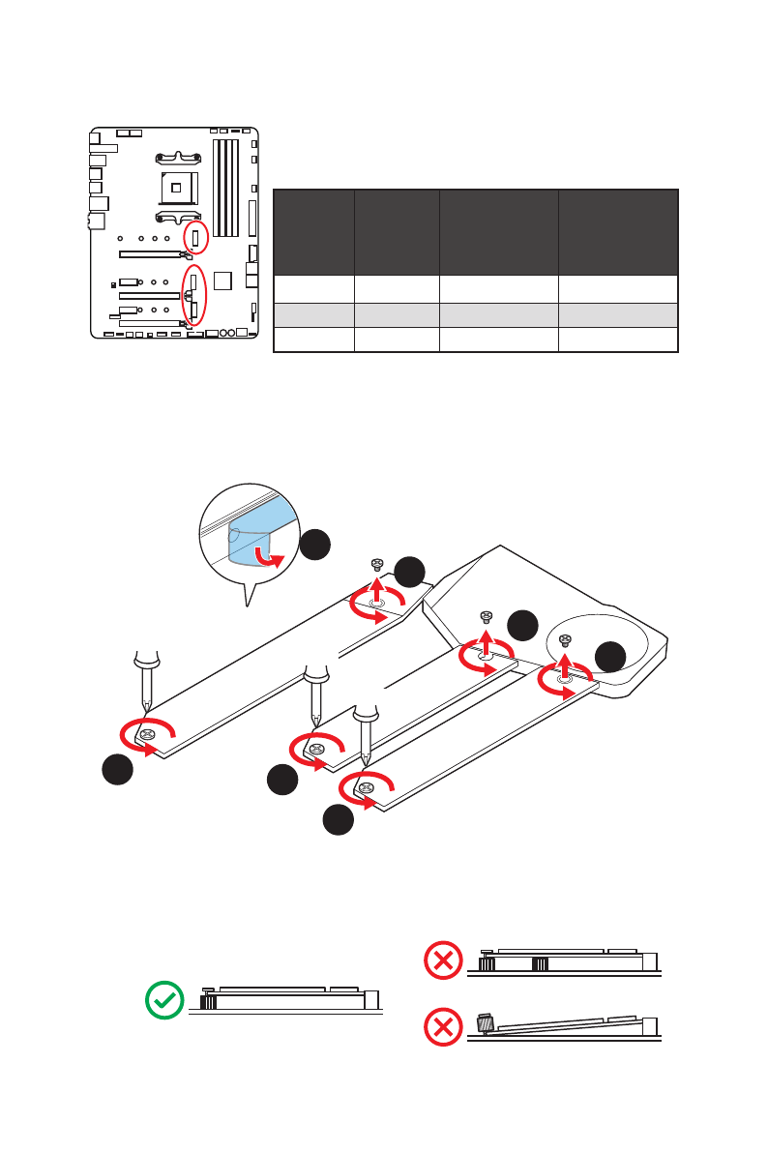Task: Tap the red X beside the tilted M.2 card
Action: [443, 1027]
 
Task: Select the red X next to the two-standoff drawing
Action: [443, 960]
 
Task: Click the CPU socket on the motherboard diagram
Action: [178, 182]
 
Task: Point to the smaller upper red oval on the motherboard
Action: [195, 237]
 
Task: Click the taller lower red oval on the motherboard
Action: [194, 295]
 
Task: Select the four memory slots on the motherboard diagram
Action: [224, 188]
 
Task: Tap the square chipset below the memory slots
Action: [223, 281]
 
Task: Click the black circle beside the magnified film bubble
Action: [314, 545]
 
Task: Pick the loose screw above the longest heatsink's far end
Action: [377, 565]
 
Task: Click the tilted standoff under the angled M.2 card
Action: [486, 1022]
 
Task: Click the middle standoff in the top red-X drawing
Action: [540, 964]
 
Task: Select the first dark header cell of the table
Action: [313, 233]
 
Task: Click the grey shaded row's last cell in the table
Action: [617, 314]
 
